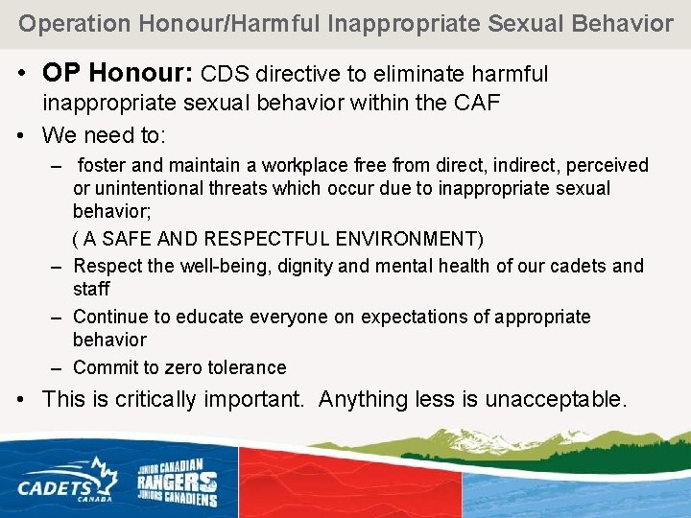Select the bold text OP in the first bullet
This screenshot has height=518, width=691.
(x=60, y=75)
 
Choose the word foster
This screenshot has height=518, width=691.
(x=107, y=166)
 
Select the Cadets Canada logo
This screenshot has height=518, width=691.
(x=66, y=478)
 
